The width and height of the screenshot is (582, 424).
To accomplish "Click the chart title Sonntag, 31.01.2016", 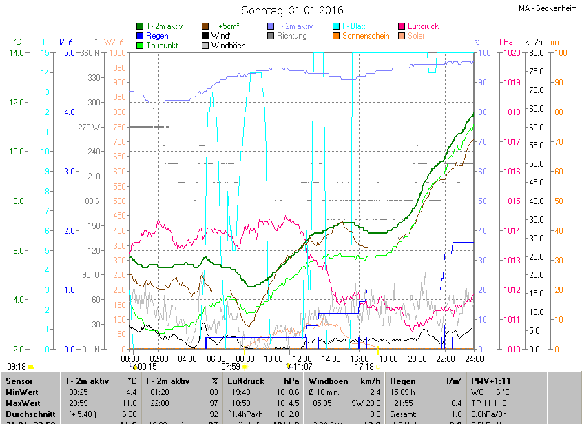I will (x=292, y=10).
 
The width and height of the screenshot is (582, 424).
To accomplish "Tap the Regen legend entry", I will (x=157, y=36).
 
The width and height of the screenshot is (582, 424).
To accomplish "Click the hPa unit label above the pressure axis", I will (x=506, y=42).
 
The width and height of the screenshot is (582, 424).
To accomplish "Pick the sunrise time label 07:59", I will (x=231, y=366).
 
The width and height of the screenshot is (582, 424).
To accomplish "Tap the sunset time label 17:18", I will (x=364, y=366).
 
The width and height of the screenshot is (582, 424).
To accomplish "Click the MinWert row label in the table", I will (x=23, y=392).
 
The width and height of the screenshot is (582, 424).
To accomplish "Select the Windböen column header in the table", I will (x=329, y=381).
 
